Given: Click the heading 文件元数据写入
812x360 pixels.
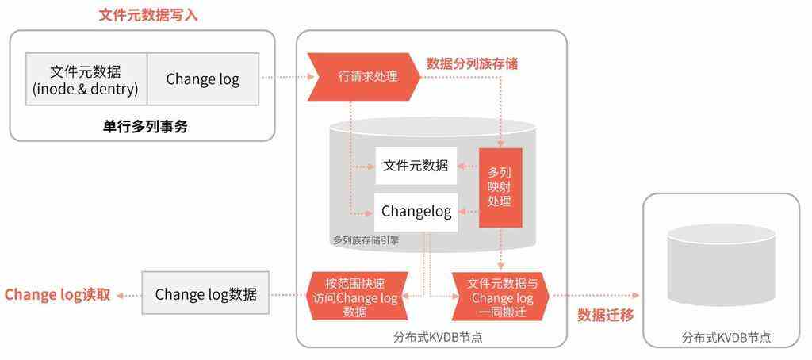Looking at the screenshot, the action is point(148,15).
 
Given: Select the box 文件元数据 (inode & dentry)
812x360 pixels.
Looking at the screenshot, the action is point(86,79).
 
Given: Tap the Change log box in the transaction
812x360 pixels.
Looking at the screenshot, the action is point(203,79).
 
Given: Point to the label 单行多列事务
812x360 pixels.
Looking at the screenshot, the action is point(144,126).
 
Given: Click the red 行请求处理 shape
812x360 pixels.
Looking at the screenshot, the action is point(363,77).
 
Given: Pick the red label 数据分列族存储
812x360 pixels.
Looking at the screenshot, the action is point(473,63).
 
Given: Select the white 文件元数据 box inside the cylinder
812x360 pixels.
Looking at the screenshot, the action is point(416,166).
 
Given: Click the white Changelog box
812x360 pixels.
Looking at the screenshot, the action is point(416,212).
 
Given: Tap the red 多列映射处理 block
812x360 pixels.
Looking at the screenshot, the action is point(500,187).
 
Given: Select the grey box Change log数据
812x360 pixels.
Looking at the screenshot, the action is point(205,293).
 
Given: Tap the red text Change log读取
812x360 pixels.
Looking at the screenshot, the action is point(57,295).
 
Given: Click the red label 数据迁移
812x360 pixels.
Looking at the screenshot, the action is point(605,316).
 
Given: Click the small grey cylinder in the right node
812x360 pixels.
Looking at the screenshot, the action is point(721,265).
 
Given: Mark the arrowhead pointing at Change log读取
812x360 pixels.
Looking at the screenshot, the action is point(120,295).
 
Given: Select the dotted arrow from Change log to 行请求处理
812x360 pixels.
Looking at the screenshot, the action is point(287,77).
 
